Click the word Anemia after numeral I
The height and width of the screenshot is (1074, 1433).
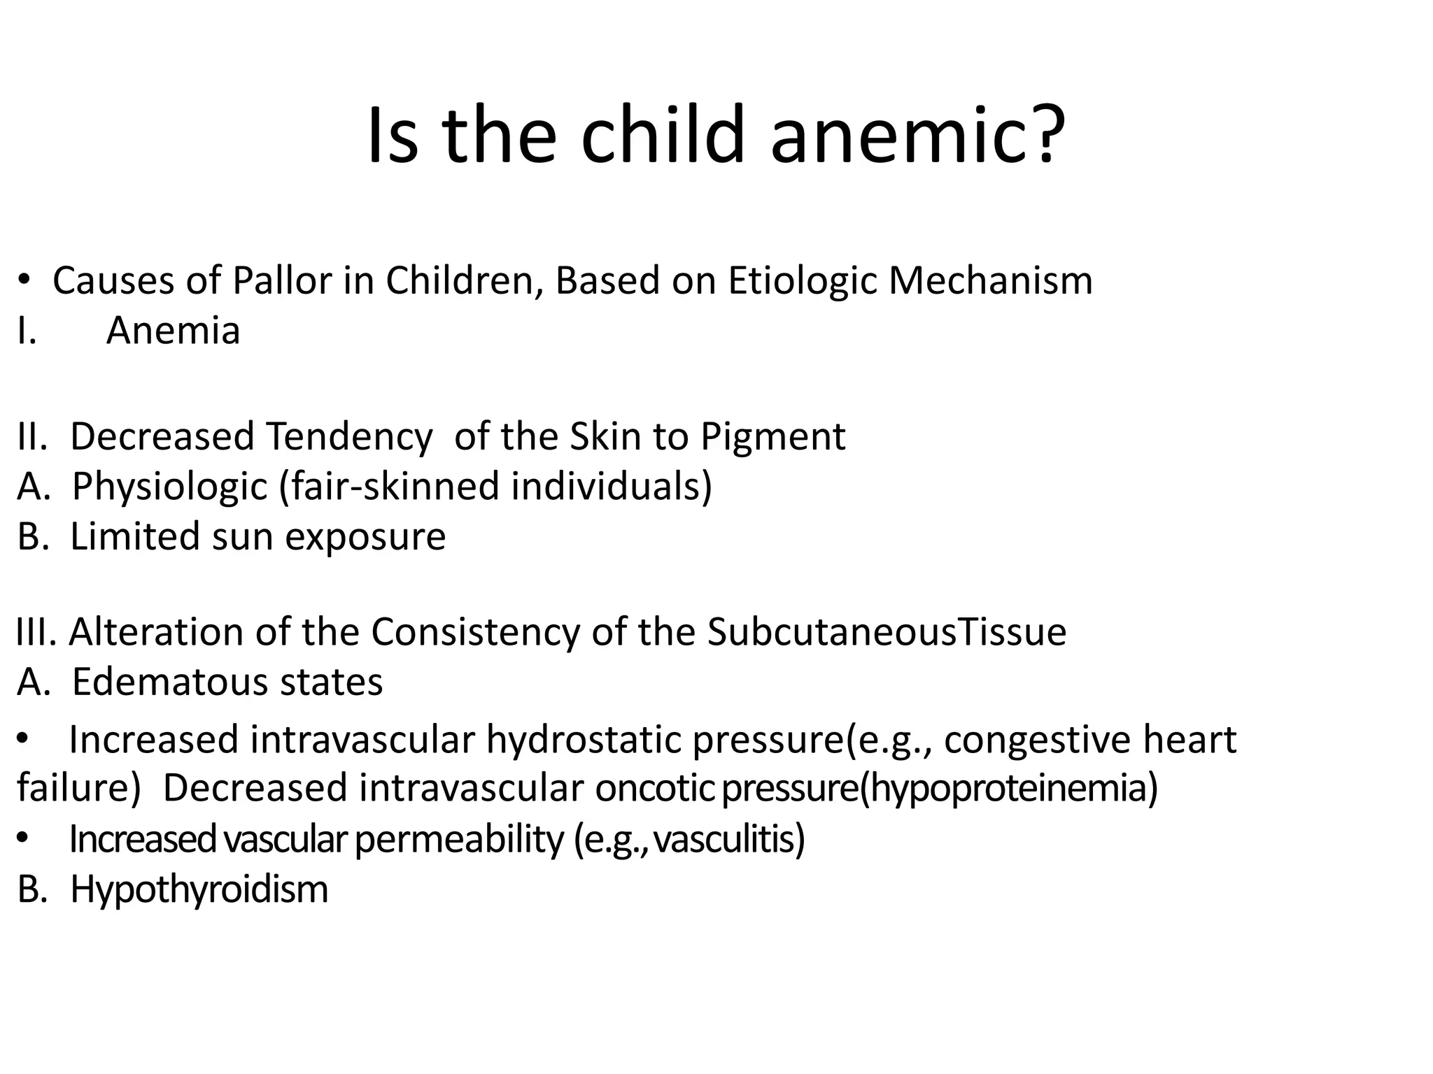(173, 331)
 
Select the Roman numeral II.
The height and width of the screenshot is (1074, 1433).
(31, 437)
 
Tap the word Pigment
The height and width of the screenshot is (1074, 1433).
(772, 437)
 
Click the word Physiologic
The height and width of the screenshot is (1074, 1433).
(170, 487)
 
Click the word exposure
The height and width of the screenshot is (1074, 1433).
(365, 538)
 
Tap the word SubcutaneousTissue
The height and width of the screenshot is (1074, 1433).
(887, 632)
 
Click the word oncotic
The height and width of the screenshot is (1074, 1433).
(655, 788)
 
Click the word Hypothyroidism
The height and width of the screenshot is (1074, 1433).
(199, 890)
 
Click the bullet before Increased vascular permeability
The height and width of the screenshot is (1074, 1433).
(23, 838)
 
